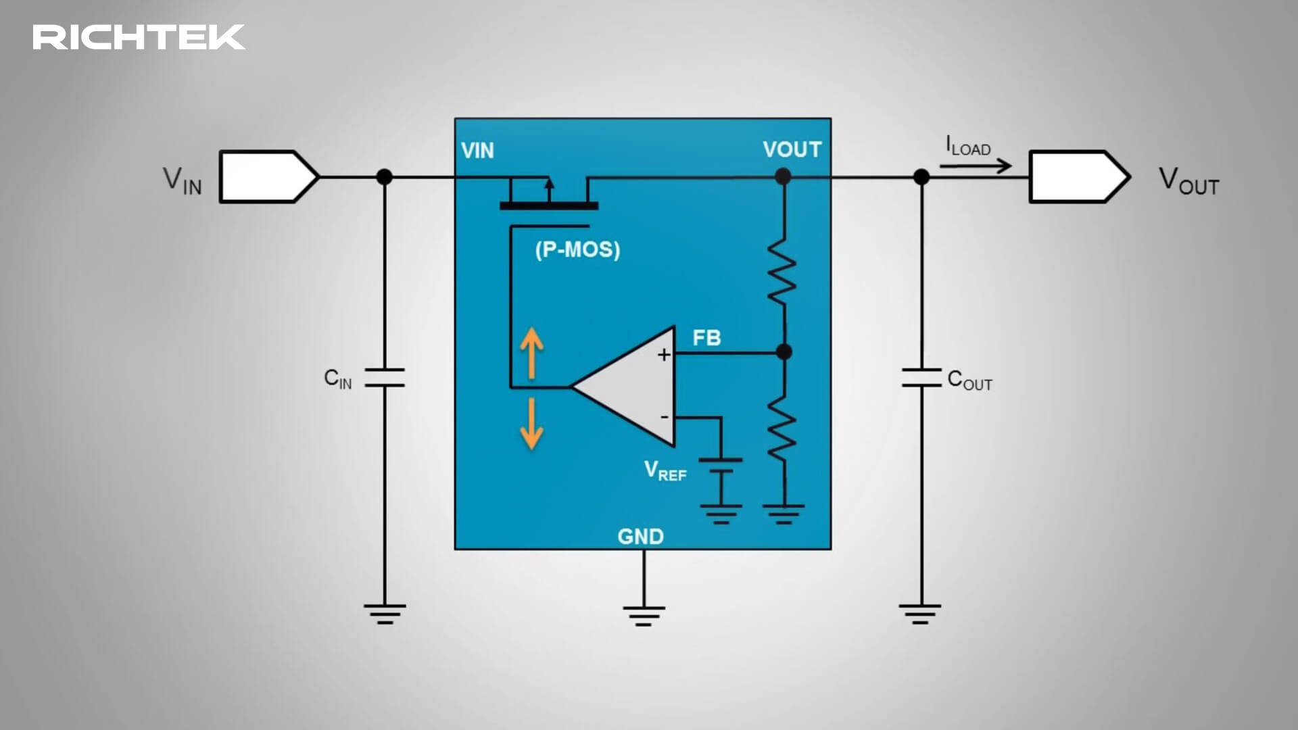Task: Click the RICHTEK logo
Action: (139, 38)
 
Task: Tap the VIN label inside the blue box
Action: (477, 151)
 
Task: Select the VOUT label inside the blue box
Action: (792, 149)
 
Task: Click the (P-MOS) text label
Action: (577, 249)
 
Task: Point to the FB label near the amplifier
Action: (706, 338)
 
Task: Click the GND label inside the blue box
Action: (640, 537)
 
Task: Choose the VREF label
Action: (665, 471)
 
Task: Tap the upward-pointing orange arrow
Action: (532, 352)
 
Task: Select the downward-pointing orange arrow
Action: (532, 424)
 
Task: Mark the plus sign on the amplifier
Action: (664, 355)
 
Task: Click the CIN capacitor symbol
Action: (385, 378)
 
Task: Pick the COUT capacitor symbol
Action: (921, 378)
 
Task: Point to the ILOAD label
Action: (967, 146)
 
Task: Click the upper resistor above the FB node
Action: (783, 270)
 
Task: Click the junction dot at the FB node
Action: (784, 352)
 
